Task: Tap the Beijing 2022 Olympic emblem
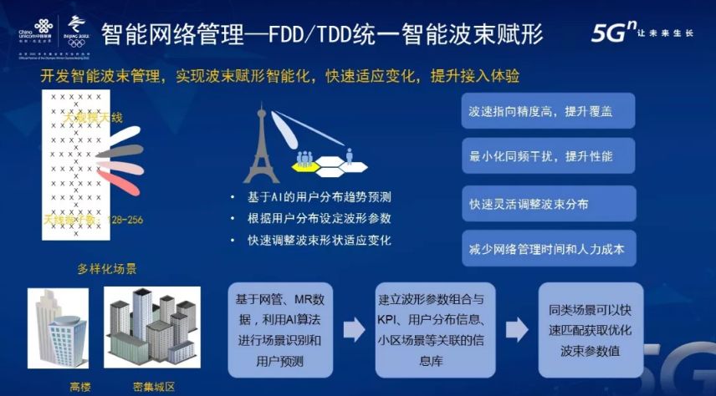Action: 77,28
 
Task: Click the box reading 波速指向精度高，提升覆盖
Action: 548,111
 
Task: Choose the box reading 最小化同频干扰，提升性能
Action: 548,156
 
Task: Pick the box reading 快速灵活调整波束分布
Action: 548,204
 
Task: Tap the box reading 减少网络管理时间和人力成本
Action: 548,249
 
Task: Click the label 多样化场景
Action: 106,269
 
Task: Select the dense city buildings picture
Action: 154,331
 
